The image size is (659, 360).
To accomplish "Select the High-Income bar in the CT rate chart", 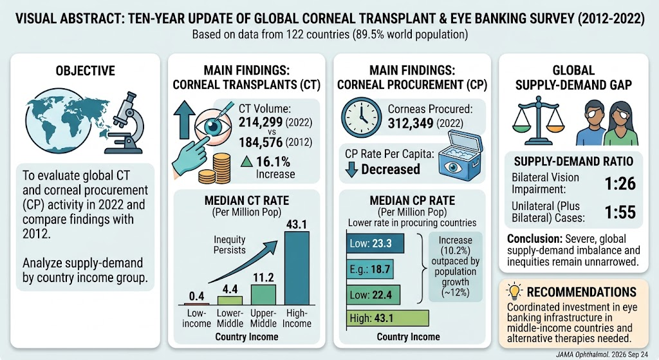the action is click(297, 269).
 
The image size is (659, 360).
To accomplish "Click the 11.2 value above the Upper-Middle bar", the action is click(263, 278).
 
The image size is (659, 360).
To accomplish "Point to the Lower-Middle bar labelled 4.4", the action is click(230, 300).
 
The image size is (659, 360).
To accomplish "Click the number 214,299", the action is click(261, 122).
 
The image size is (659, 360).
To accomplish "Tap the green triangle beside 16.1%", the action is click(246, 161).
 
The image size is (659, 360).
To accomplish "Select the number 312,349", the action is click(410, 124).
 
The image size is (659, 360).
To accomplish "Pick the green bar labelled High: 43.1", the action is click(387, 318).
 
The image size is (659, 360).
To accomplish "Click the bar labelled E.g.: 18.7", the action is click(370, 269).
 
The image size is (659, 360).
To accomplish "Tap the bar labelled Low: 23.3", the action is click(375, 243).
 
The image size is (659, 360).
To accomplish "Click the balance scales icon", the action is click(539, 120).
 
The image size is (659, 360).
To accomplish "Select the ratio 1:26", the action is click(620, 184).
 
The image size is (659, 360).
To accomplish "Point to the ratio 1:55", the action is click(620, 213).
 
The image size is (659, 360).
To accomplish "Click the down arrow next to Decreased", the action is click(351, 169).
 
